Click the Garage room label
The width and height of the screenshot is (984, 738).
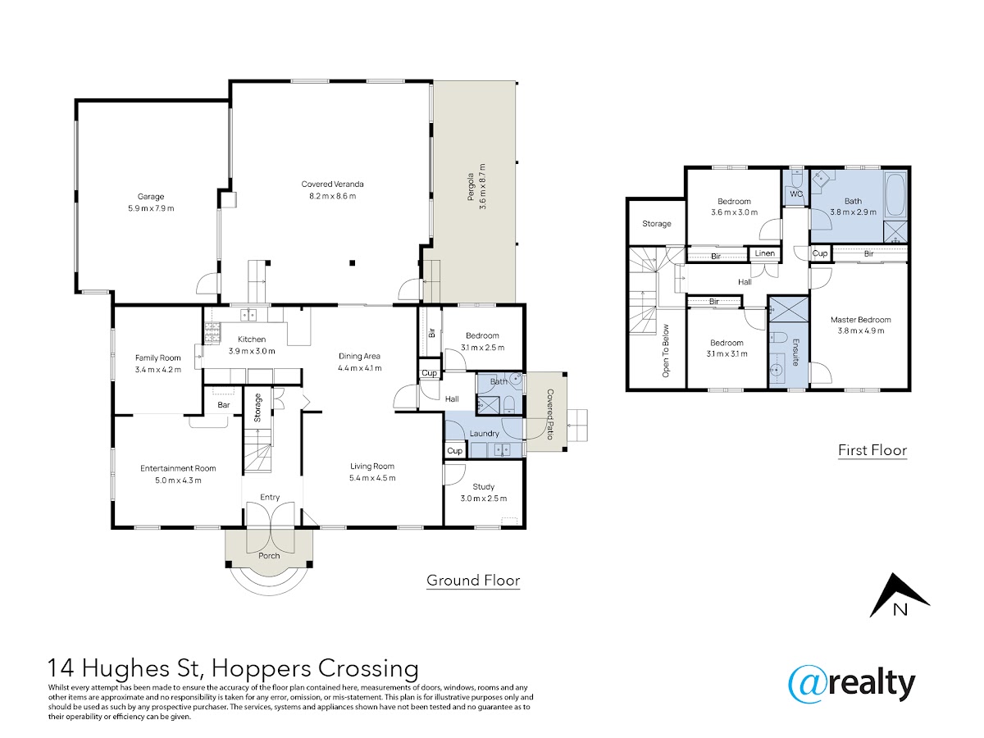point(151,196)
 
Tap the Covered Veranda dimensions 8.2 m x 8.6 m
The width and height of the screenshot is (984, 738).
point(332,196)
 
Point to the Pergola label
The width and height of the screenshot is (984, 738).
point(470,187)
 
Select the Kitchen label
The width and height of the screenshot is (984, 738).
point(252,339)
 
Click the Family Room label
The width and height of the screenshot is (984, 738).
point(157,358)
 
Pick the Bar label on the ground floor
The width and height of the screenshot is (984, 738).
point(224,404)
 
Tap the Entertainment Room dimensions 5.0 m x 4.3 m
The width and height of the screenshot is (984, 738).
point(178,481)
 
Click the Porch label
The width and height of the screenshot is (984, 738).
point(269,556)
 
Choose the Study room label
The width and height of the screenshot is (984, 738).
point(483,486)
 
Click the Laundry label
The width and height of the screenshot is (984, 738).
point(484,433)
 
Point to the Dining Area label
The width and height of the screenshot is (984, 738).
point(359,356)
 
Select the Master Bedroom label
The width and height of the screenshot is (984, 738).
point(861,320)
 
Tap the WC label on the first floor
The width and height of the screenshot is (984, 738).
point(796,194)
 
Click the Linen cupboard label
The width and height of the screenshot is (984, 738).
point(764,253)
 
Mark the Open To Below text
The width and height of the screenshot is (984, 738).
point(665,351)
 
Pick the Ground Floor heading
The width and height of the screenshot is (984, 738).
point(473,581)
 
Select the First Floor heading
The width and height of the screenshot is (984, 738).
point(872,450)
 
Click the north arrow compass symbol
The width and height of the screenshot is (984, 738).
point(899,596)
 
